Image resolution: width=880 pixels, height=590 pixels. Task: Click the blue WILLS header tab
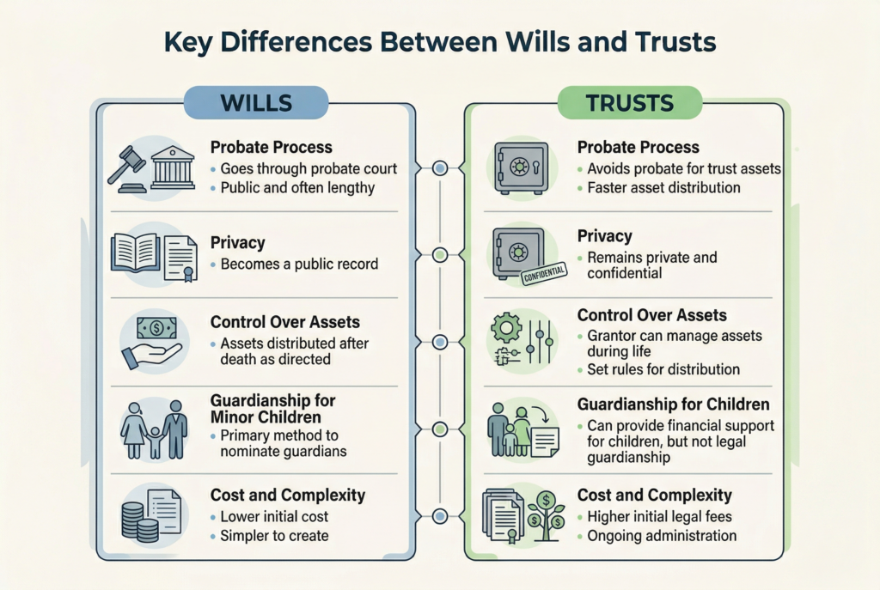(x=256, y=103)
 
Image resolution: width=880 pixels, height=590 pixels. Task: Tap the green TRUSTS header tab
(x=629, y=103)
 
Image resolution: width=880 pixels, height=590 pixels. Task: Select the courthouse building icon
(x=173, y=167)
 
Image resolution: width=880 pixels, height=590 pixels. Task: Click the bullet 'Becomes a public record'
(x=299, y=265)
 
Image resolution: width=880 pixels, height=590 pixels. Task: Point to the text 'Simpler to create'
(x=274, y=536)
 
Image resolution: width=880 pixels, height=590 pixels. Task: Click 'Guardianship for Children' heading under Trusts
(x=673, y=404)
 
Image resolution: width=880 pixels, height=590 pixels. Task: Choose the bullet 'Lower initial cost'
(x=274, y=517)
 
